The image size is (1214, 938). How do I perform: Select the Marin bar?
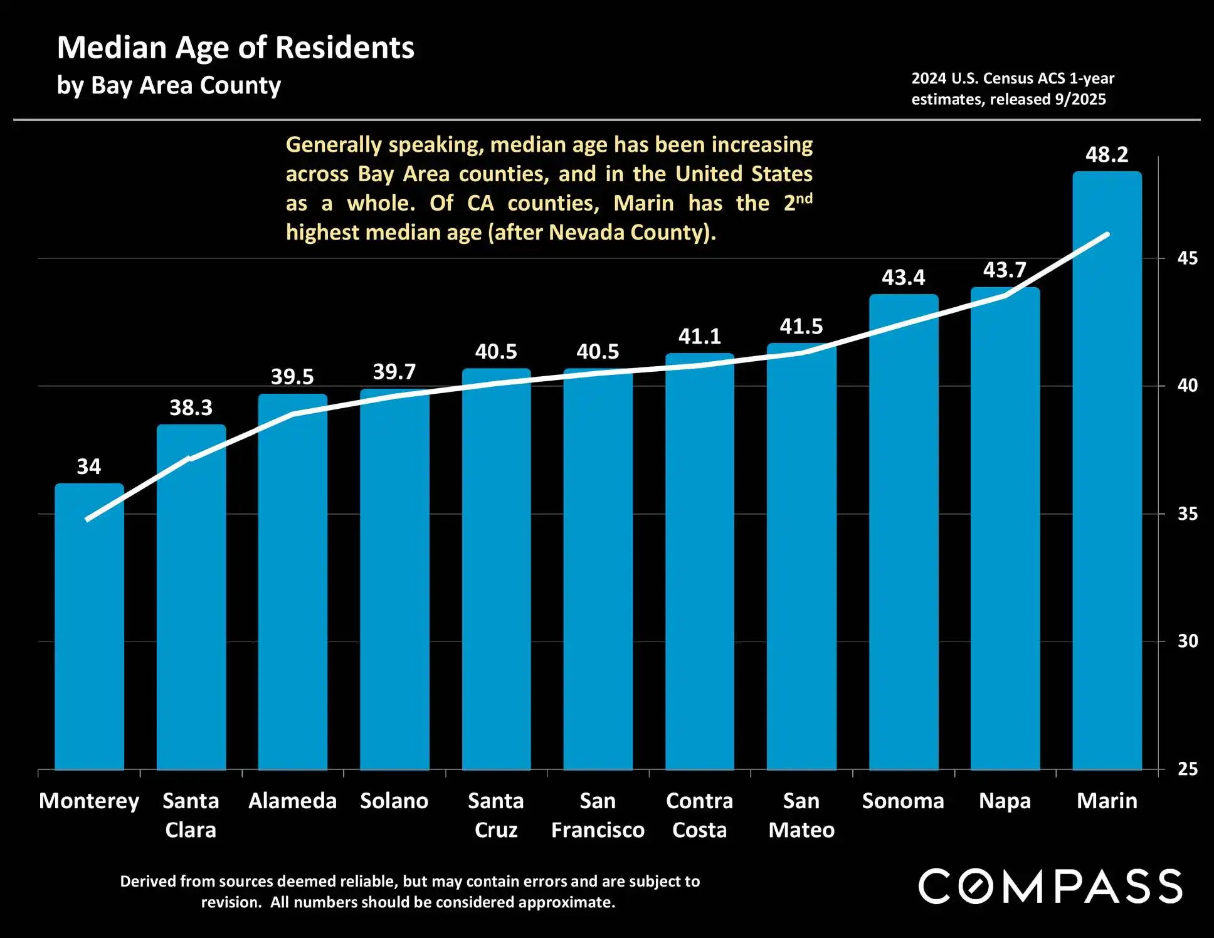coord(1107,470)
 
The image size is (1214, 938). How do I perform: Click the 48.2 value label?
coord(1107,154)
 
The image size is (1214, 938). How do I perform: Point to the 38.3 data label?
coord(191,408)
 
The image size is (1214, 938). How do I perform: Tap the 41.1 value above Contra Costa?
coord(699,337)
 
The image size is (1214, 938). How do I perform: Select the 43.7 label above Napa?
coord(1005,270)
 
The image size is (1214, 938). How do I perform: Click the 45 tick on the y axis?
coord(1187,258)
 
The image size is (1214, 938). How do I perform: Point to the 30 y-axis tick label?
coord(1187,641)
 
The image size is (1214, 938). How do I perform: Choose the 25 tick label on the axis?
coord(1187,769)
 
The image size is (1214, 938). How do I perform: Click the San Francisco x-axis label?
coord(598,815)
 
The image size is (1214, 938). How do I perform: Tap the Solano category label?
coord(394,801)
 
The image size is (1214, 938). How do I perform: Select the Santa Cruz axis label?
coord(495,815)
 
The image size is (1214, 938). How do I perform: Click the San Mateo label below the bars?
coord(801,815)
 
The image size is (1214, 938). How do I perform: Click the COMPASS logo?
coord(1050,886)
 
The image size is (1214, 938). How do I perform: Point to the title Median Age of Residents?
coord(236,48)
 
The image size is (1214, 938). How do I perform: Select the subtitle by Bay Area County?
coord(169,85)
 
